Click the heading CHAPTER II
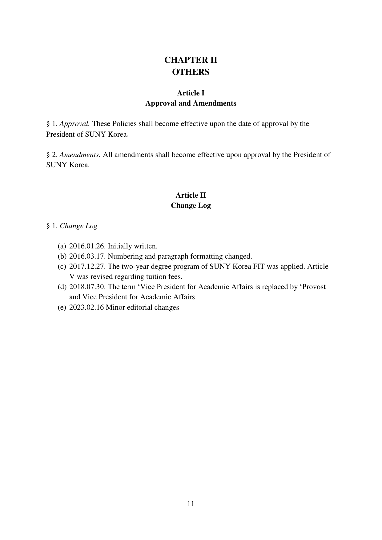pyautogui.click(x=191, y=60)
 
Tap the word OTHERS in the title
pyautogui.click(x=191, y=72)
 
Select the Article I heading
pyautogui.click(x=191, y=93)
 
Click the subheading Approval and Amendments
pyautogui.click(x=191, y=103)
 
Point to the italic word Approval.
pyautogui.click(x=74, y=124)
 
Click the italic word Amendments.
pyautogui.click(x=80, y=155)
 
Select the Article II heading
pyautogui.click(x=191, y=195)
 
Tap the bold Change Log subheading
pyautogui.click(x=191, y=205)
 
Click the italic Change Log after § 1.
pyautogui.click(x=78, y=226)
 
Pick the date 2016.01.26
pyautogui.click(x=87, y=246)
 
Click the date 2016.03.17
pyautogui.click(x=87, y=256)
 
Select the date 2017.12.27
pyautogui.click(x=87, y=267)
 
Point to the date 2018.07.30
pyautogui.click(x=87, y=287)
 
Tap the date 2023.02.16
pyautogui.click(x=86, y=307)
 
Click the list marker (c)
pyautogui.click(x=62, y=267)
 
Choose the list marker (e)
pyautogui.click(x=62, y=307)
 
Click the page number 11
pyautogui.click(x=191, y=504)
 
